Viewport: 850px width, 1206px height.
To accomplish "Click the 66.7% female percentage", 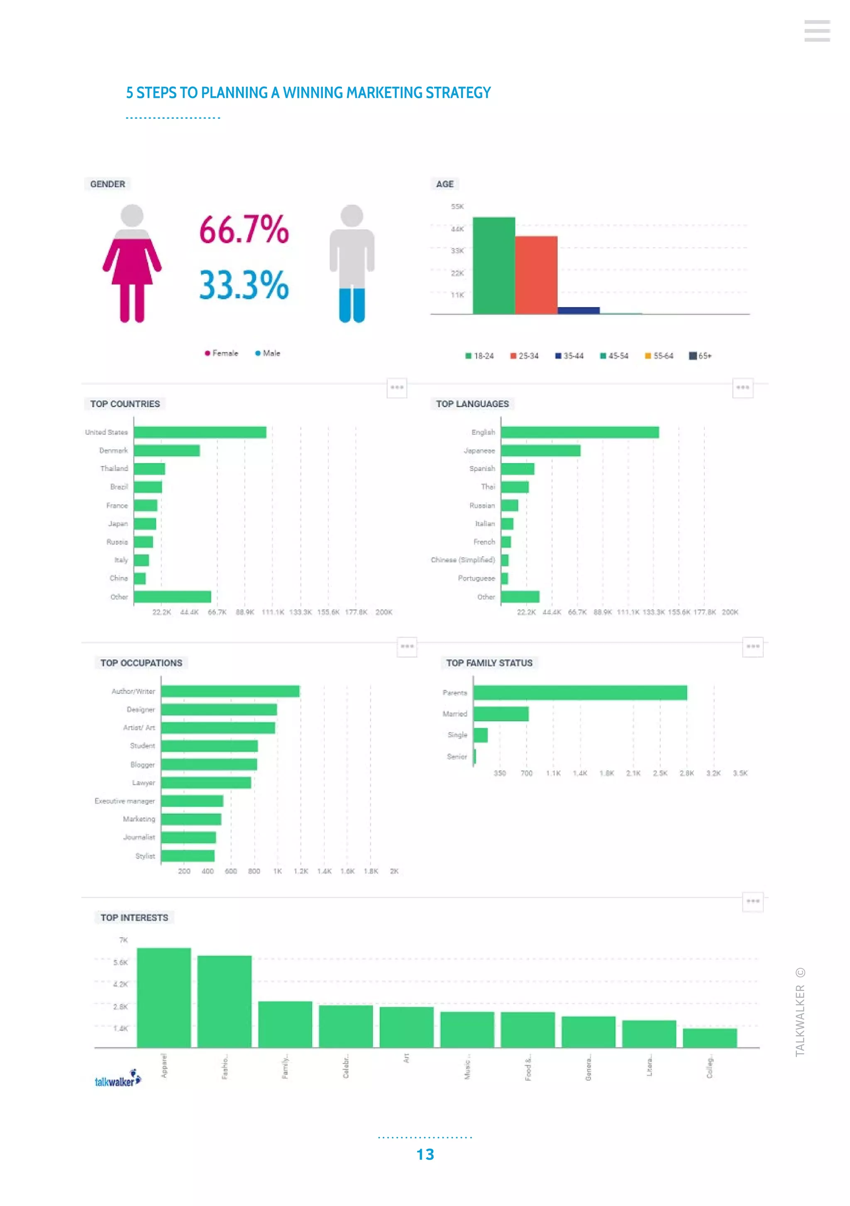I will coord(244,229).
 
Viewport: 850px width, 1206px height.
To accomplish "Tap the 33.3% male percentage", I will coord(244,285).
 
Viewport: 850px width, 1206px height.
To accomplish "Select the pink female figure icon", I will coord(132,263).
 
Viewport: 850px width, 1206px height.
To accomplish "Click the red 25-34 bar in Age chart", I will coord(536,275).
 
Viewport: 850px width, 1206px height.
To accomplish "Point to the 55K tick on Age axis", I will coord(457,206).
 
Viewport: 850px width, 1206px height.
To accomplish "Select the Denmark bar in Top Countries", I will coord(166,450).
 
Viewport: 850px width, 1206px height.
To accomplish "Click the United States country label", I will coord(106,432).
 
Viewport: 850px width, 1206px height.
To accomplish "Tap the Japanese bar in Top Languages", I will coord(540,450).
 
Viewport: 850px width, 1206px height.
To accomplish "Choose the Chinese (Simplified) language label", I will coord(462,560).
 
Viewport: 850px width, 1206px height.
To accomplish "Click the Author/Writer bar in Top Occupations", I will coord(230,691).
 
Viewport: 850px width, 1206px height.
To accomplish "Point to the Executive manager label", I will coord(125,801).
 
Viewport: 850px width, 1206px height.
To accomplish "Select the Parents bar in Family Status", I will coord(580,693).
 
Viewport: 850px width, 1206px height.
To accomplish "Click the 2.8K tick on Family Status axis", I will coord(686,773).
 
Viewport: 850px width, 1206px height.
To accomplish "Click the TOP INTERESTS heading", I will coord(134,918).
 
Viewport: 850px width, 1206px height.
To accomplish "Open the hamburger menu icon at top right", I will coord(816,31).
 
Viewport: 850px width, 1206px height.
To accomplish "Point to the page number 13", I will coord(425,1154).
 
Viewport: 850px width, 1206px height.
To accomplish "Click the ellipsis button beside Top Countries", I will coord(397,388).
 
